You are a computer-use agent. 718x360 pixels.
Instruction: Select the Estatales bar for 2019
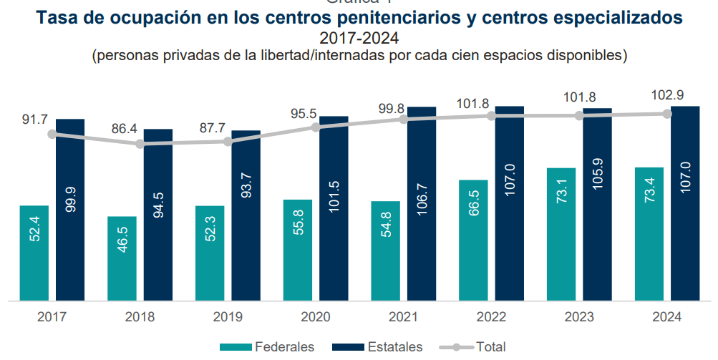point(246,215)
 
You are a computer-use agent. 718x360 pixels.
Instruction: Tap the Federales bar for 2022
point(473,240)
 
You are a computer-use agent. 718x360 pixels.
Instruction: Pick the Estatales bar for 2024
point(685,203)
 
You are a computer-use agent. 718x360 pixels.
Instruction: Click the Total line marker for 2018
point(140,144)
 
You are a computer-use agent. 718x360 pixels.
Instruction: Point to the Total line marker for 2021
point(404,120)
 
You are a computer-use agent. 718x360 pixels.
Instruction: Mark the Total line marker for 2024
point(667,114)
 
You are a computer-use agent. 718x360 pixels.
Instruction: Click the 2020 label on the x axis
point(316,316)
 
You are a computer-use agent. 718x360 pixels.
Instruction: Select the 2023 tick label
point(579,316)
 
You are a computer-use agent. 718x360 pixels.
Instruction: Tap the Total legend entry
point(490,347)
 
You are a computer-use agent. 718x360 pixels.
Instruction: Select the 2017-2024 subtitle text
point(359,37)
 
